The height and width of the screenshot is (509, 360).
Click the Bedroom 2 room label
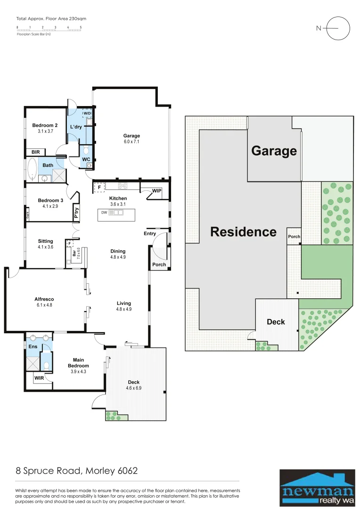[45, 125]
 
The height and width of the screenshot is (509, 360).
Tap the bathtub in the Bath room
[33, 169]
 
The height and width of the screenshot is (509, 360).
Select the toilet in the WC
[86, 150]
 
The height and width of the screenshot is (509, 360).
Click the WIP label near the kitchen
[157, 191]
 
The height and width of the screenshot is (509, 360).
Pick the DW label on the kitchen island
[104, 213]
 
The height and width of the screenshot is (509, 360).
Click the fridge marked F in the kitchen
[99, 187]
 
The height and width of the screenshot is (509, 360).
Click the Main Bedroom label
[78, 363]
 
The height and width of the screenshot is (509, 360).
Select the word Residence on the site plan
[243, 232]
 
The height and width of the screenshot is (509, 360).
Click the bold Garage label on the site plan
[274, 151]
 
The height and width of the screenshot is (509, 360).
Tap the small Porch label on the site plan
[294, 237]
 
